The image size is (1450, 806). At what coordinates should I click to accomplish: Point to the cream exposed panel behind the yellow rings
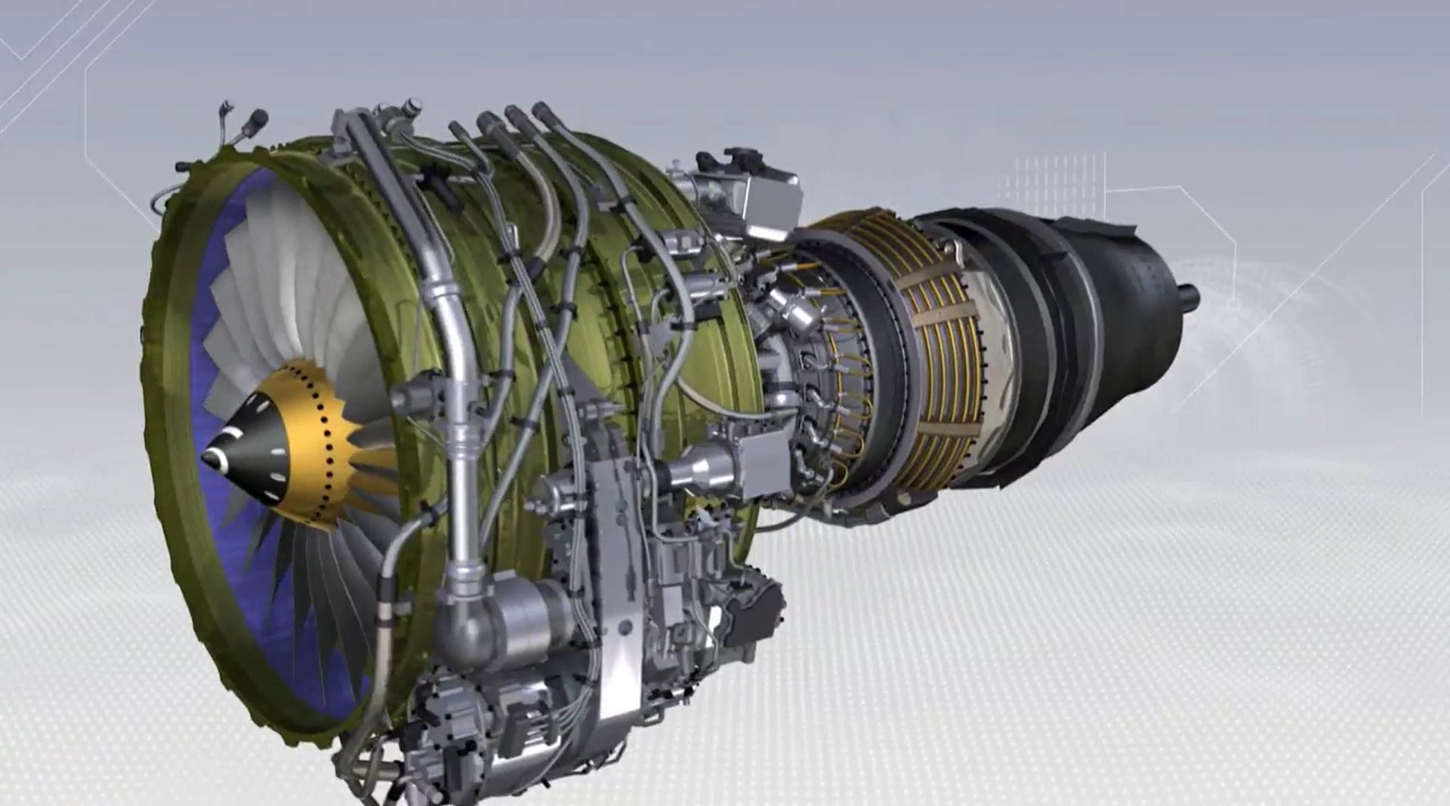pos(997,355)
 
